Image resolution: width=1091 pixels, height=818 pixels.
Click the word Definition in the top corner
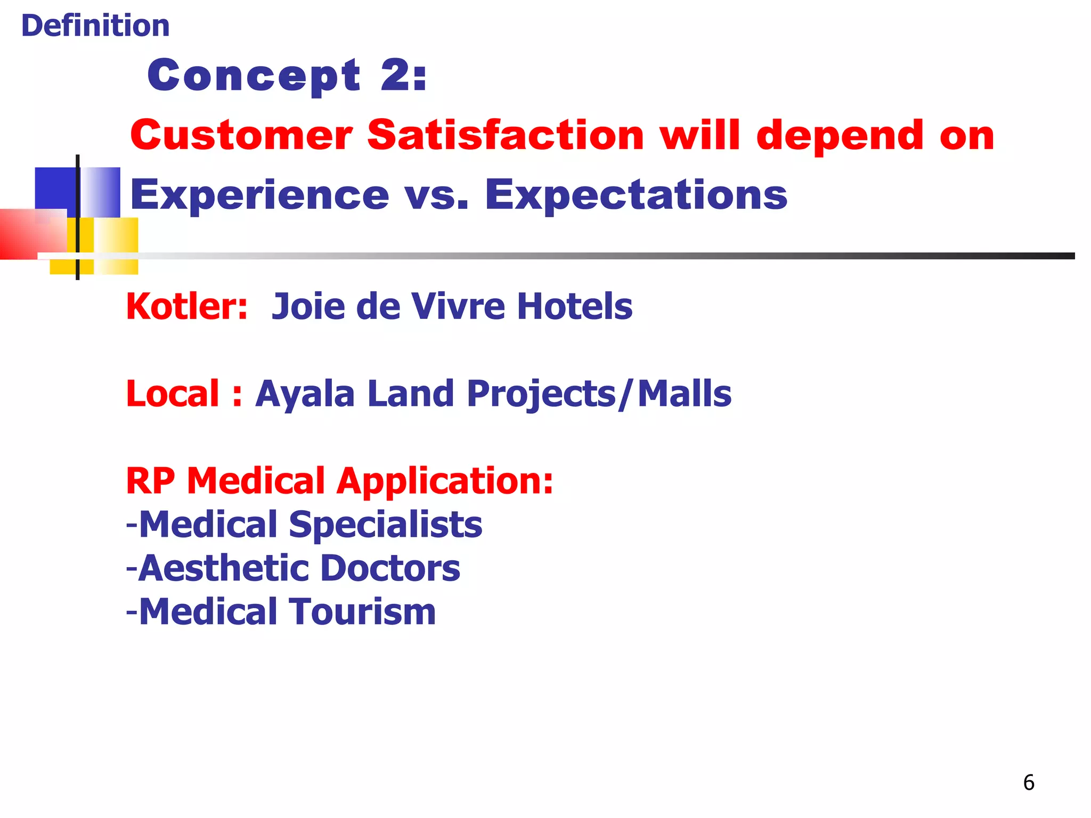point(95,26)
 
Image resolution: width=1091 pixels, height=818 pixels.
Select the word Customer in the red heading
point(241,135)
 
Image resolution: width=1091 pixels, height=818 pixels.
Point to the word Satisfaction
point(506,135)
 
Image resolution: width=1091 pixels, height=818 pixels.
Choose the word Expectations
point(636,194)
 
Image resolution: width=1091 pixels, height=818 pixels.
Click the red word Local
point(173,394)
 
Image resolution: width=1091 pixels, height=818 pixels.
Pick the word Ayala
point(305,394)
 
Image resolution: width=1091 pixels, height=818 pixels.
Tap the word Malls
point(685,394)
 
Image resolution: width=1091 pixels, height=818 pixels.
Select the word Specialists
point(386,525)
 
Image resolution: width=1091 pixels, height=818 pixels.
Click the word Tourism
point(363,611)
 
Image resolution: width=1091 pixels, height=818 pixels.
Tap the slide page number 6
point(1029,782)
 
